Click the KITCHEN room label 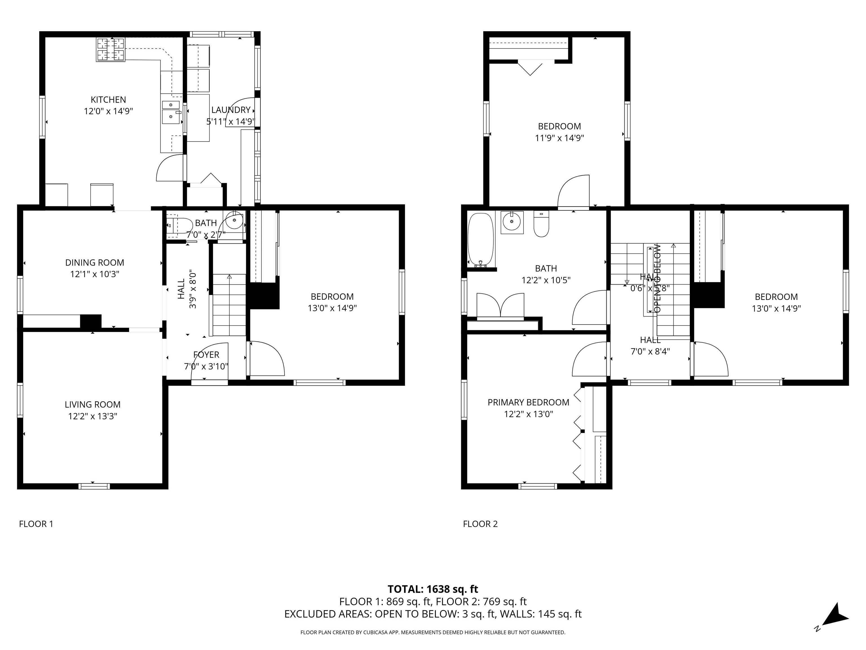(x=109, y=100)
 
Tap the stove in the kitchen (x=111, y=49)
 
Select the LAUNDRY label (x=231, y=110)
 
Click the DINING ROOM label (x=94, y=262)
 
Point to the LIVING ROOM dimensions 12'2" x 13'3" (x=93, y=416)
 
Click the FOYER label (x=206, y=355)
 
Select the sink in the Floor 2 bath (x=512, y=222)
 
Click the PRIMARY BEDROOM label (x=528, y=402)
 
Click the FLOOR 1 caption (x=36, y=524)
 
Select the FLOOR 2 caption (x=480, y=524)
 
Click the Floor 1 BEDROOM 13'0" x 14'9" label (x=332, y=297)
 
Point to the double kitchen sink (x=171, y=112)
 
